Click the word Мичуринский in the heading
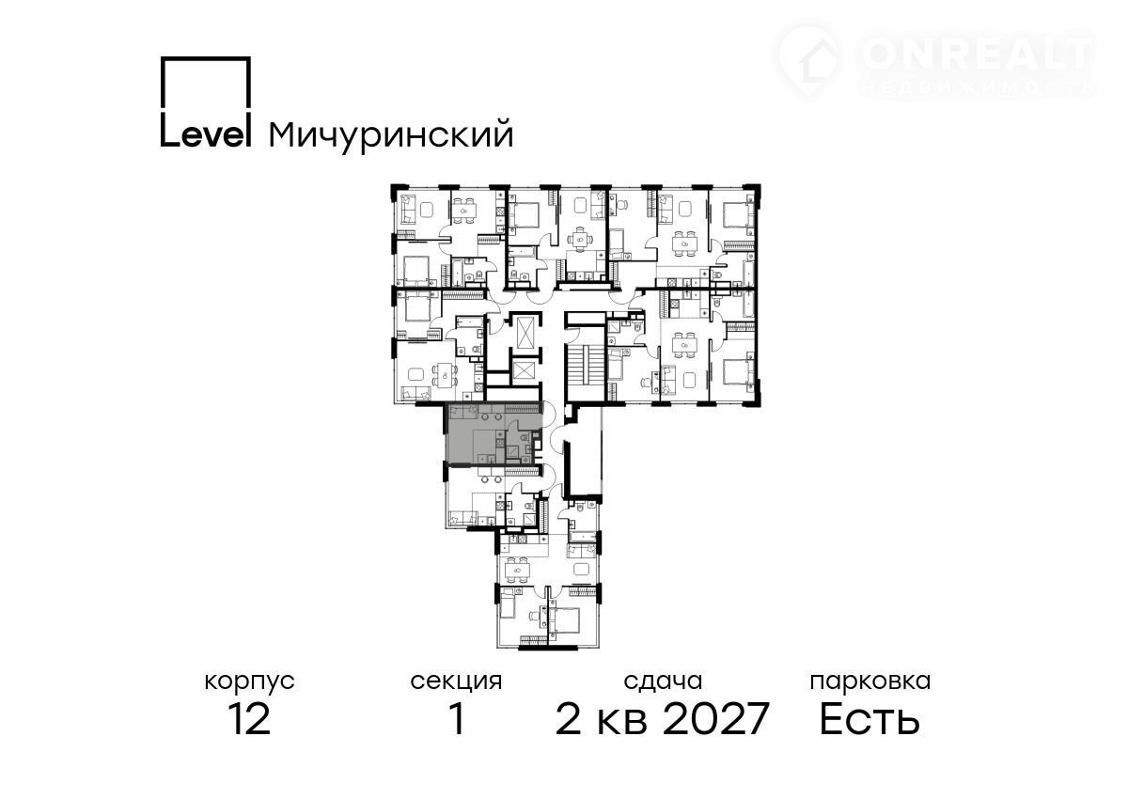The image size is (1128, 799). pyautogui.click(x=391, y=135)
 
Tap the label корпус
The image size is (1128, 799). pyautogui.click(x=249, y=682)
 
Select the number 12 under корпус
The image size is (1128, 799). pyautogui.click(x=249, y=719)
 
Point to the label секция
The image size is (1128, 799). pyautogui.click(x=456, y=682)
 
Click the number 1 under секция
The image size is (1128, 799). pyautogui.click(x=457, y=719)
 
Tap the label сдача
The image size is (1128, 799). pyautogui.click(x=663, y=682)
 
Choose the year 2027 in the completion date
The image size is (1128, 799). pyautogui.click(x=715, y=719)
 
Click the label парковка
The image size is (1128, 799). pyautogui.click(x=870, y=682)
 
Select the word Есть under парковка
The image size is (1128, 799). pyautogui.click(x=869, y=719)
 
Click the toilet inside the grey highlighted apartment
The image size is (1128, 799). pyautogui.click(x=524, y=437)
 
